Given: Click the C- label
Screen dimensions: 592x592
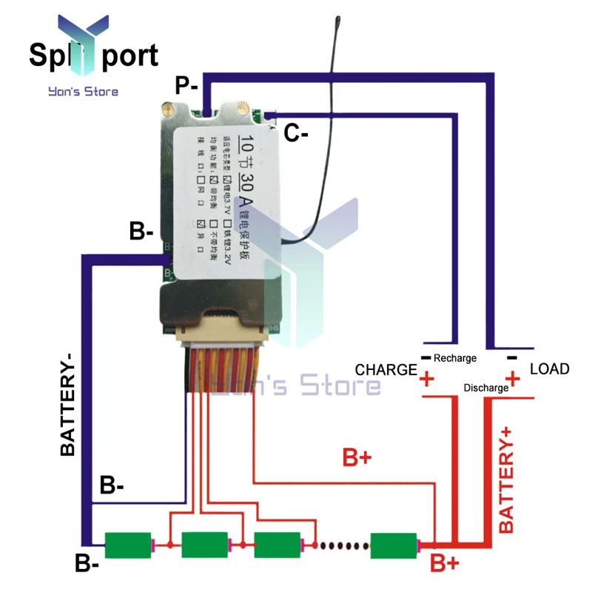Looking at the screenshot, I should tap(296, 133).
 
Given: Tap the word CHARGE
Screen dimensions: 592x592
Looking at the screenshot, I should tap(386, 369).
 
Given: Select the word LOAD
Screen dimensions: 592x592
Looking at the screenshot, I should tap(550, 369).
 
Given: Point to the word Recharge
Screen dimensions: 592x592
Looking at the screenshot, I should tap(455, 358).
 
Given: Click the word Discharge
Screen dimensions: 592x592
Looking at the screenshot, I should tap(485, 388).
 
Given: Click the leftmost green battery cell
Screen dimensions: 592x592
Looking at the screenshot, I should tap(128, 545).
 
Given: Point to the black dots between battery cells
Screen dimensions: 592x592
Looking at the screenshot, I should tap(341, 545).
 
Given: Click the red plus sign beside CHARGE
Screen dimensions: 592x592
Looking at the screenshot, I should tap(426, 381).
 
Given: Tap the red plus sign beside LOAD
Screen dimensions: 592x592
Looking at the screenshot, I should tap(513, 380).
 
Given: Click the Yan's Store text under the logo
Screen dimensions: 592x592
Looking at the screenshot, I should tap(82, 92).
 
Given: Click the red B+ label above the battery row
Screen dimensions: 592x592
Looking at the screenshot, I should tap(357, 457).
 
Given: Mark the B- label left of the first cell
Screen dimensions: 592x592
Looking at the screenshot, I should tap(87, 563).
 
